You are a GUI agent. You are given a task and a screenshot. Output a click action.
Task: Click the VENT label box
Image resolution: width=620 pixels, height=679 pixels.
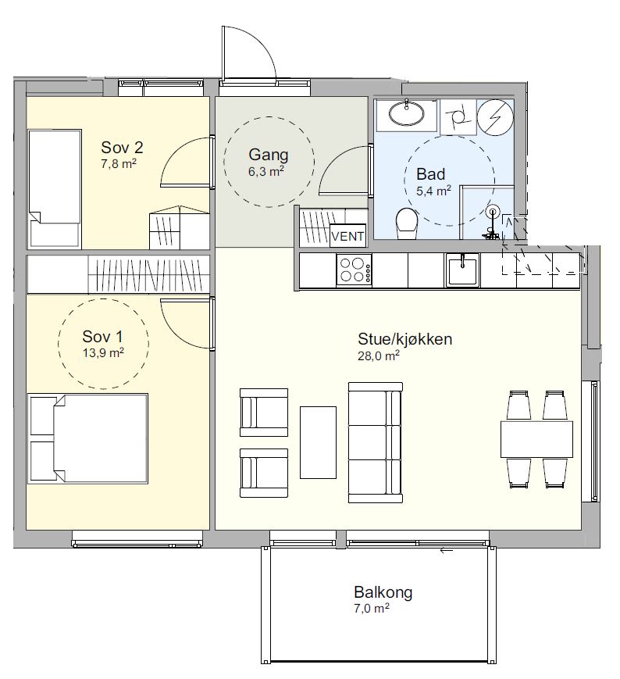347,236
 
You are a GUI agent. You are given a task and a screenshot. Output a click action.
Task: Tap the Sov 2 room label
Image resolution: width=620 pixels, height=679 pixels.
122,148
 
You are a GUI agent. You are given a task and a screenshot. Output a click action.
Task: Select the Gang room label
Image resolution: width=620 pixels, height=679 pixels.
269,155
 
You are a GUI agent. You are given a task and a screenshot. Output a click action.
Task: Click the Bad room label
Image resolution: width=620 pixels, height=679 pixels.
430,174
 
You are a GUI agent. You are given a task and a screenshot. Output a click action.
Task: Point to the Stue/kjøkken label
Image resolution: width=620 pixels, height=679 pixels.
405,338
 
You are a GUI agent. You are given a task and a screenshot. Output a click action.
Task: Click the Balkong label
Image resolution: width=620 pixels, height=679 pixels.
383,592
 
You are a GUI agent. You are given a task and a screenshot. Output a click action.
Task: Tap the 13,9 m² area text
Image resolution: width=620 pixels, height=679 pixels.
103,353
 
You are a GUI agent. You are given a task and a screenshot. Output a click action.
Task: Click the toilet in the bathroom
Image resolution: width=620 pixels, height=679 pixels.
407,223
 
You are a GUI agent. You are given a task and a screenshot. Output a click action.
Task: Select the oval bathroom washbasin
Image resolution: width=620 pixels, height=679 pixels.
406,114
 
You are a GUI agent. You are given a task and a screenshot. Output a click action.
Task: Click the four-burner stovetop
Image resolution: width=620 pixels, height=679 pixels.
354,270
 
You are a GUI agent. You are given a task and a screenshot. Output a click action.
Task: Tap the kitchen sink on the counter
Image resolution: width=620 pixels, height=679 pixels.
462,270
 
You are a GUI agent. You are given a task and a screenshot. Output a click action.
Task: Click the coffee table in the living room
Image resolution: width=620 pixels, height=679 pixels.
318,442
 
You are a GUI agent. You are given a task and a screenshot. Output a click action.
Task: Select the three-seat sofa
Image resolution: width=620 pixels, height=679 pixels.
376,442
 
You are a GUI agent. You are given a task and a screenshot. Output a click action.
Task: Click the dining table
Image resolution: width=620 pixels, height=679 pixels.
537,439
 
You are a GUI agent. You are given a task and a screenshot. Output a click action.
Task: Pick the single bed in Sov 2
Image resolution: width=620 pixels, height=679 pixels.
55,188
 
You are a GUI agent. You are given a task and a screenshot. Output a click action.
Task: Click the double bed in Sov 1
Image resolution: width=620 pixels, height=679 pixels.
87,438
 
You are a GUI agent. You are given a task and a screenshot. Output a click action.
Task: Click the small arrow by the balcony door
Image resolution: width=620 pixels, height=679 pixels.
446,551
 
